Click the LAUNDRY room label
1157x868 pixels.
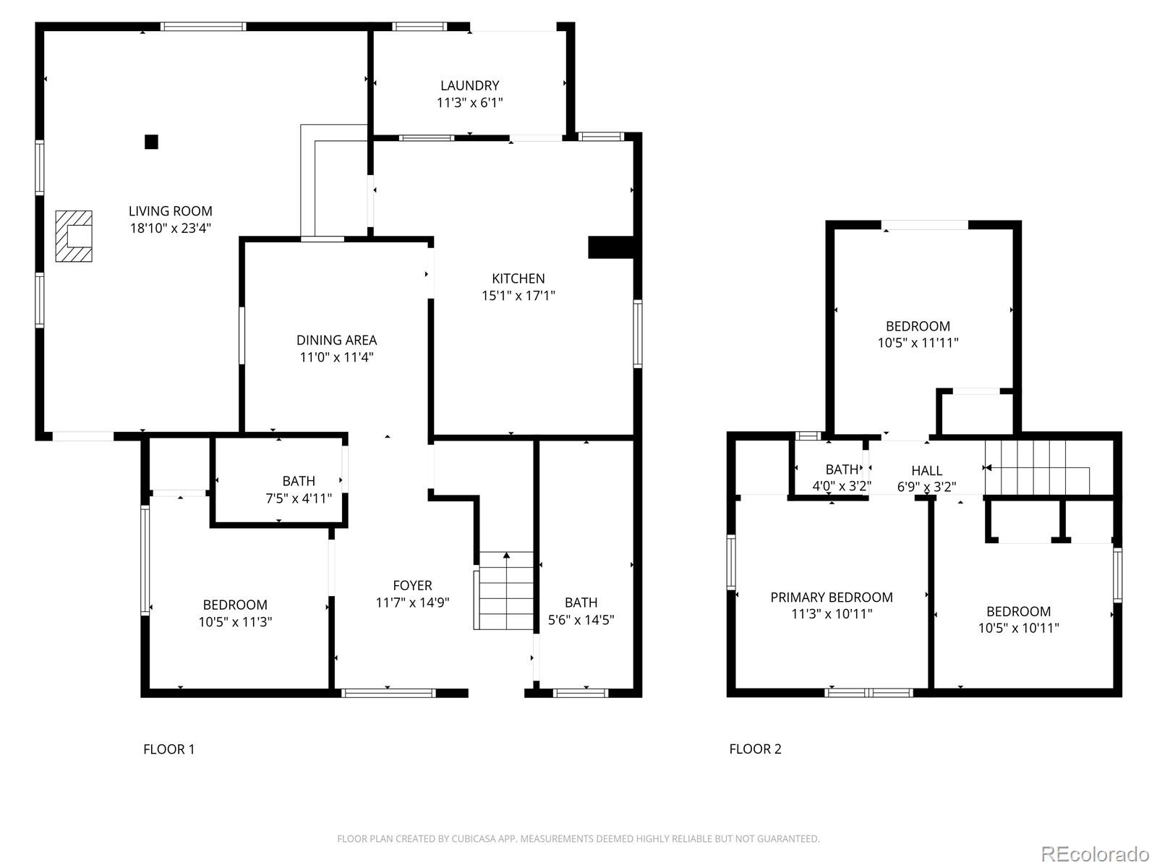point(469,85)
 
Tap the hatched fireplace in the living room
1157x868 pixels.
point(74,236)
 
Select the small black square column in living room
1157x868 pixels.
point(151,142)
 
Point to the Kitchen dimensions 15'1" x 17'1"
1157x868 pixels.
point(518,295)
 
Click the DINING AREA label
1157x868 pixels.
point(336,340)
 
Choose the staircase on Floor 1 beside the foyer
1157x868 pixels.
point(505,591)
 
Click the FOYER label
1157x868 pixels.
point(412,585)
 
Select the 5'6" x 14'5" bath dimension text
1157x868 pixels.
point(581,619)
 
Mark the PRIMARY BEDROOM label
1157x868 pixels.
point(831,597)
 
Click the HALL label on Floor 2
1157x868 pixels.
point(926,471)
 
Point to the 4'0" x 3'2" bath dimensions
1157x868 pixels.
point(841,486)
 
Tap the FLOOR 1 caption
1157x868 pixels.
point(168,749)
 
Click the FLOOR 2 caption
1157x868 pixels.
point(755,749)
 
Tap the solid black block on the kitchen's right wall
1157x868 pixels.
point(610,247)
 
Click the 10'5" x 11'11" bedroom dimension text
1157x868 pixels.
point(918,343)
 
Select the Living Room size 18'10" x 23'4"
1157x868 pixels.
point(170,228)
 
